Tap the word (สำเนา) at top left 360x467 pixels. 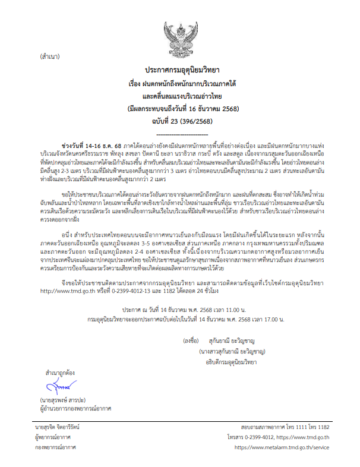pyautogui.click(x=51, y=58)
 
